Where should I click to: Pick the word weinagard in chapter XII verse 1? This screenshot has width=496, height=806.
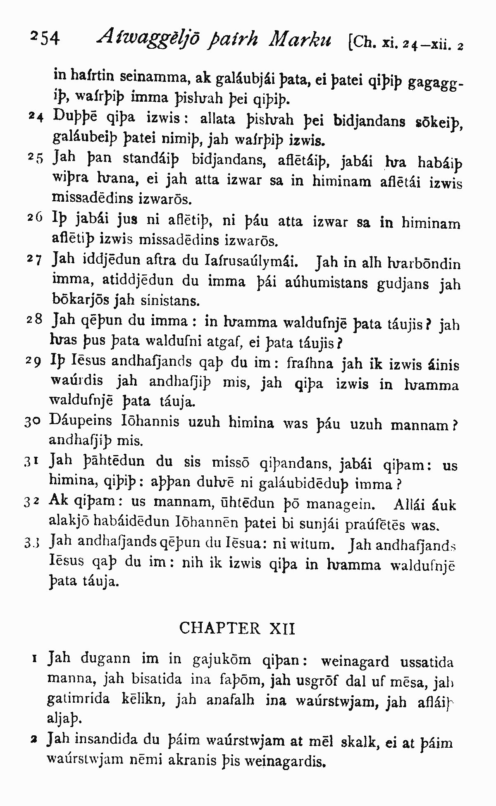[355, 662]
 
